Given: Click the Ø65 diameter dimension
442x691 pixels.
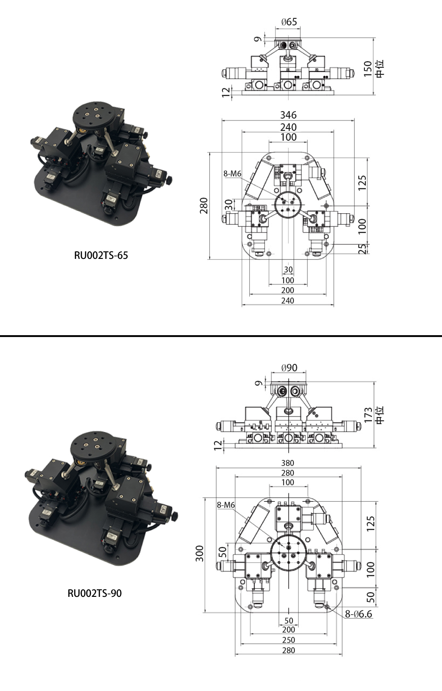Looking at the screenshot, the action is [289, 22].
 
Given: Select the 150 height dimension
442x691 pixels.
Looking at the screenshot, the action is [367, 69].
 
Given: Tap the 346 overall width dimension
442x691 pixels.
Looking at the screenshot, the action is [288, 115].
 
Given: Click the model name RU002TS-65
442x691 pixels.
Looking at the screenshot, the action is [101, 256].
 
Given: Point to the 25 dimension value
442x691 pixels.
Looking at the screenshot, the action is [363, 249].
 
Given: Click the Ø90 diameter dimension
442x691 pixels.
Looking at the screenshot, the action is [289, 368].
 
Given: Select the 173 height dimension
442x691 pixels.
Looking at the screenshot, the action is [368, 415].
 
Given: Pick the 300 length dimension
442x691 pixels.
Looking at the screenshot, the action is [199, 554].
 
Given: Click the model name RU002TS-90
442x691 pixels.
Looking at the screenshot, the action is [95, 593].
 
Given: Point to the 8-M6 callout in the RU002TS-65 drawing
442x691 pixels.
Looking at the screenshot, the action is [232, 174].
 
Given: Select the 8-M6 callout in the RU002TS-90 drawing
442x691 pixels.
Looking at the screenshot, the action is [226, 505].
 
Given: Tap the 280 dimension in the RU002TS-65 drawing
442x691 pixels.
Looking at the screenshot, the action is [204, 205].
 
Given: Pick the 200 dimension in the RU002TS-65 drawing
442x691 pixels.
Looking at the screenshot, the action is [288, 290].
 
